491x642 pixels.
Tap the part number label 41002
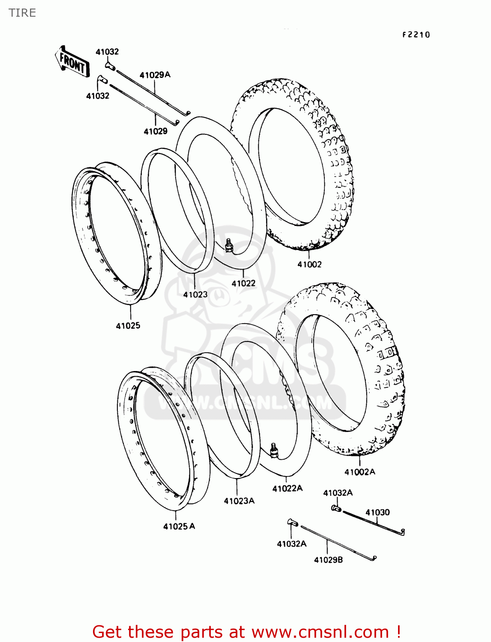[309, 265]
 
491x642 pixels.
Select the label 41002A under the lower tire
[359, 472]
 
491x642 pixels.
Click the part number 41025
[128, 326]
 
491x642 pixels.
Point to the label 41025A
[179, 526]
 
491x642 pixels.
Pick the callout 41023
[195, 294]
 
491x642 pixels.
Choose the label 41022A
[287, 488]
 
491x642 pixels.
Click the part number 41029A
[155, 75]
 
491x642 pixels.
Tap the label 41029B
[328, 560]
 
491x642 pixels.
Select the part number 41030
[377, 512]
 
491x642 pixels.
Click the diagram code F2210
[416, 35]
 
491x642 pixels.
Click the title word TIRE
[22, 13]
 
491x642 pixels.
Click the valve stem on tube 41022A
[274, 450]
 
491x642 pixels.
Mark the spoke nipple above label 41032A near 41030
[336, 508]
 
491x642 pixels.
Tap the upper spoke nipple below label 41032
[109, 66]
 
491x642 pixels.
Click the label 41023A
[239, 501]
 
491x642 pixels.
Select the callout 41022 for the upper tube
[243, 283]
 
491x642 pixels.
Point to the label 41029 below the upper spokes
[156, 131]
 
